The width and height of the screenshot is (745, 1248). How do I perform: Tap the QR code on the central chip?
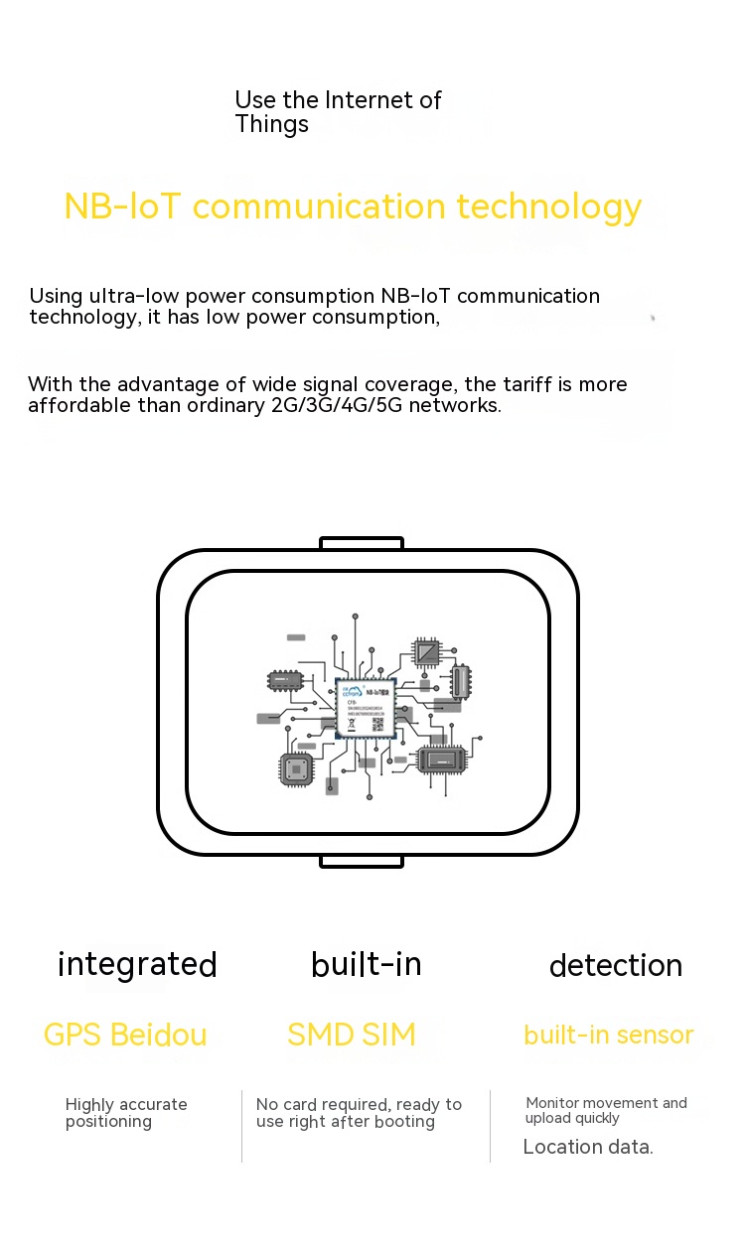[378, 725]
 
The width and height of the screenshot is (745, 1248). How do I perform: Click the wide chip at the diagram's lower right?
[441, 760]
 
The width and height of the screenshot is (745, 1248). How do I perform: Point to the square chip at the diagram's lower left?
[295, 768]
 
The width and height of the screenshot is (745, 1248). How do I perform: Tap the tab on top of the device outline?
[362, 543]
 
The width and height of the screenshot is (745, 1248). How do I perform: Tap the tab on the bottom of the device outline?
[362, 861]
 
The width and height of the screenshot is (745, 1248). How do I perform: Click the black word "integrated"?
[137, 965]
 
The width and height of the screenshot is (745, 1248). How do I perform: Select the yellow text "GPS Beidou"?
[125, 1035]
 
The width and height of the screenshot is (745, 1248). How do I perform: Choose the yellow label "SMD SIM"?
[352, 1035]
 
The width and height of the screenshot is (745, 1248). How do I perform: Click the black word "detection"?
[616, 966]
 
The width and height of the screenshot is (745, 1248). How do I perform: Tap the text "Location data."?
[588, 1147]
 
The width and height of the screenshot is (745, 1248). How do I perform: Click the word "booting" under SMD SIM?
[401, 1122]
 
